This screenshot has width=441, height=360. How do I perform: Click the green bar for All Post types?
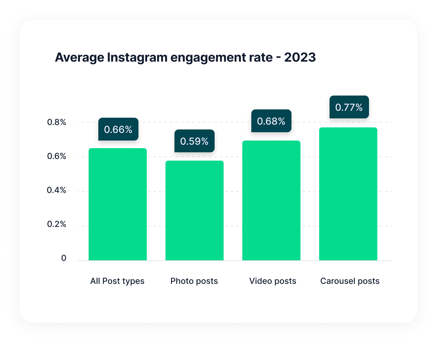coord(118,204)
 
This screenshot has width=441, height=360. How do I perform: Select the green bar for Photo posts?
coord(195,210)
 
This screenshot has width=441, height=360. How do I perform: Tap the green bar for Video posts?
coord(271,200)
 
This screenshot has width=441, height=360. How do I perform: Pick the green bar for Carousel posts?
coord(348,194)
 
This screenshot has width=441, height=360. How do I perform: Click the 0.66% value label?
coord(118,129)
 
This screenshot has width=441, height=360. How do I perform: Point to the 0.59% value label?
coord(195,141)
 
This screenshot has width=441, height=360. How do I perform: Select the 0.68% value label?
coord(271,121)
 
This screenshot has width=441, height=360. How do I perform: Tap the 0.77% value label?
coord(349,107)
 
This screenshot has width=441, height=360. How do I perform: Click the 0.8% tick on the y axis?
coord(57,122)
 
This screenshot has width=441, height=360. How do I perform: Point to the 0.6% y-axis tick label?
coord(57,156)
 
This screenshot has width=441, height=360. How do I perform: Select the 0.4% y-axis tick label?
coord(57,190)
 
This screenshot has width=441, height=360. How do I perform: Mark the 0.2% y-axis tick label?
coord(57,224)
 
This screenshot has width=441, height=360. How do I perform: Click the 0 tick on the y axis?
coord(64,258)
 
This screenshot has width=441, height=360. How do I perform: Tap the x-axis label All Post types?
coord(117,281)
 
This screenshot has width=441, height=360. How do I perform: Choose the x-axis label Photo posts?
coord(194,281)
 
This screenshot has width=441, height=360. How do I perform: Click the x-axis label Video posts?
coord(273,281)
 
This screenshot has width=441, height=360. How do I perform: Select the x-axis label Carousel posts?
coord(350,281)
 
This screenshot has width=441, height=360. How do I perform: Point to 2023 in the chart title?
coord(300,57)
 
